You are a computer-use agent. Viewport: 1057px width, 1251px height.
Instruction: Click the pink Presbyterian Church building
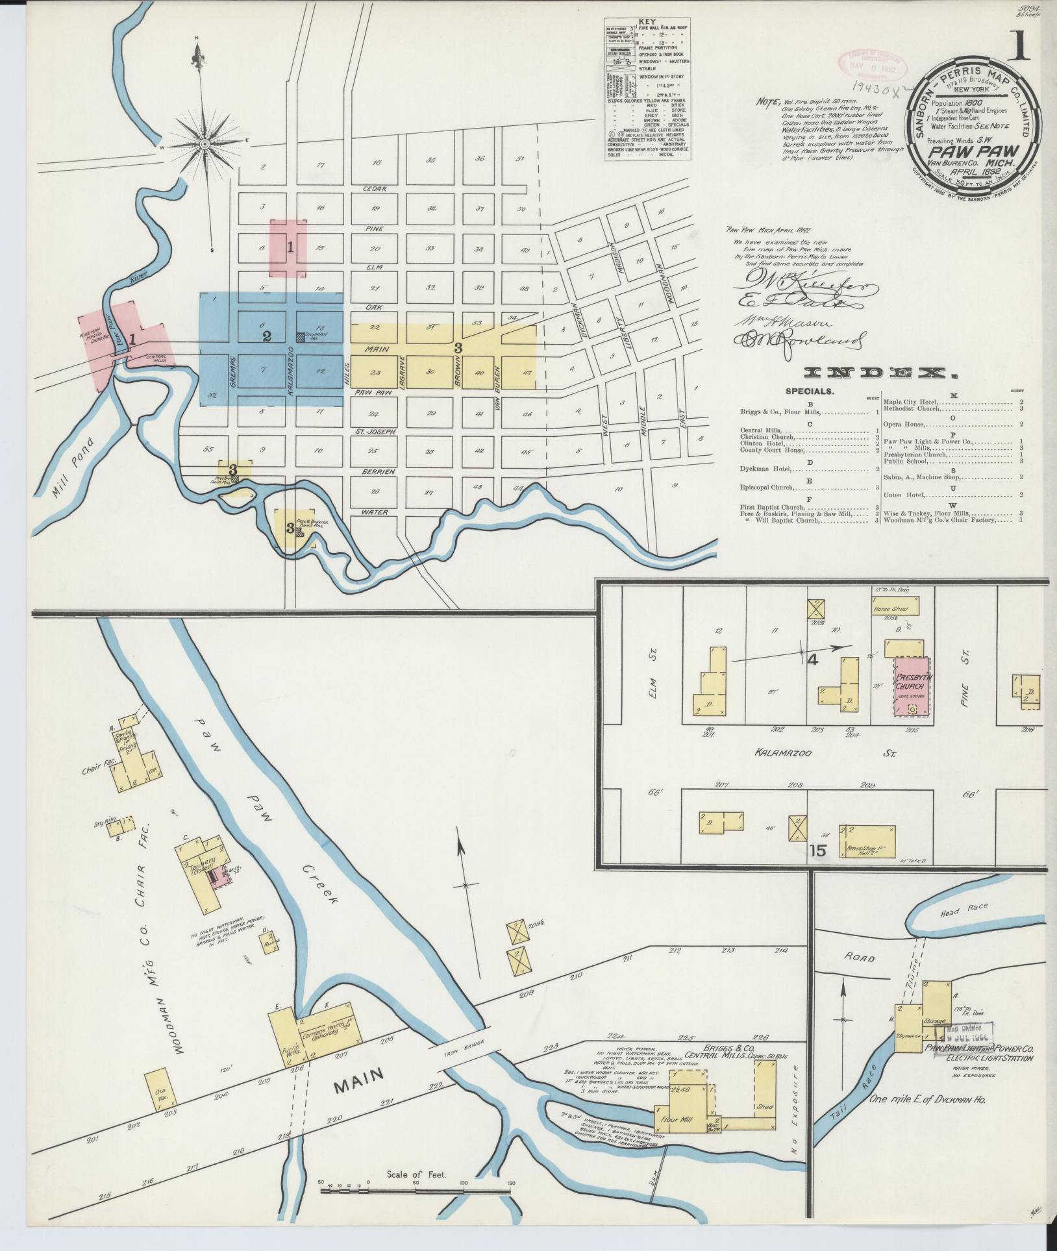(912, 686)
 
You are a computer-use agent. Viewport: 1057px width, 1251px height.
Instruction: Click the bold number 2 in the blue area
(266, 336)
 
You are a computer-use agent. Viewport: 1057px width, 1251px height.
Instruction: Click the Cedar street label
(375, 189)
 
